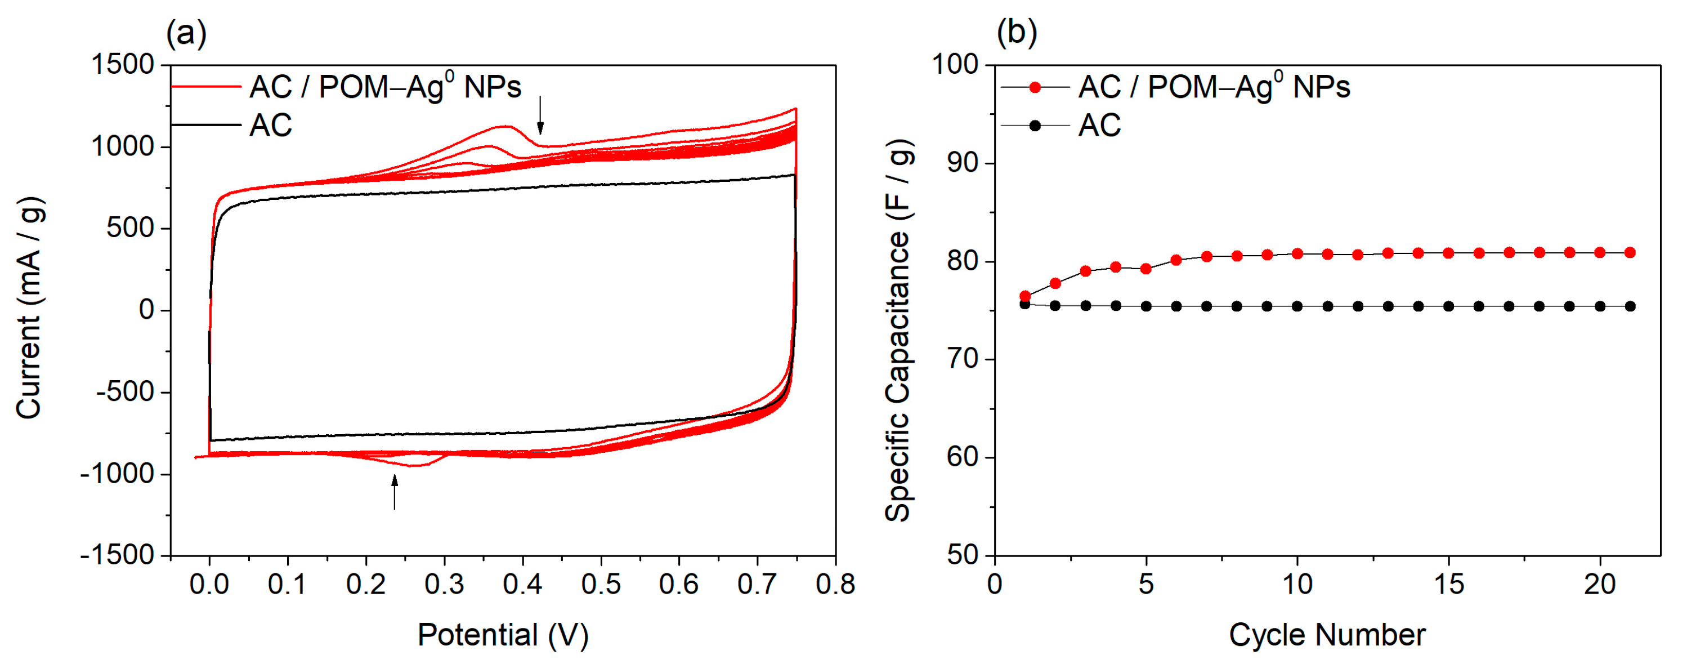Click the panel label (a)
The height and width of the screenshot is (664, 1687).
click(187, 33)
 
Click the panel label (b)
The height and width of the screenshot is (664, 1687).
click(1017, 33)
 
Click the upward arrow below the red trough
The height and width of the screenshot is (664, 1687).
click(394, 492)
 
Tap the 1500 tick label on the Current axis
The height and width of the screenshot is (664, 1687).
click(123, 65)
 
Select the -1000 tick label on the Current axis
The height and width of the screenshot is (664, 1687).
click(117, 474)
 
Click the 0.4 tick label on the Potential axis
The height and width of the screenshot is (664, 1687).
click(522, 584)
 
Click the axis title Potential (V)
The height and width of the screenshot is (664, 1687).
click(503, 635)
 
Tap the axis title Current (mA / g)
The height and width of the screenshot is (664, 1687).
click(29, 308)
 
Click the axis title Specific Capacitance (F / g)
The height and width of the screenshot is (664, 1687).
click(898, 331)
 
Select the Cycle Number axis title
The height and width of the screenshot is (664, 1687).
click(1327, 635)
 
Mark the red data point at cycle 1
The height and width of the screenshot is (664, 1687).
click(1026, 296)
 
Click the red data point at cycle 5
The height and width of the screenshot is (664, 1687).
click(1146, 269)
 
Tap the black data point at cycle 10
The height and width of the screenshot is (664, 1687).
click(1297, 306)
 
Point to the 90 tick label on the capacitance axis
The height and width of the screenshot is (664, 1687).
click(963, 163)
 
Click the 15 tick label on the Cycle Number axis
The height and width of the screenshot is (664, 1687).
click(1449, 584)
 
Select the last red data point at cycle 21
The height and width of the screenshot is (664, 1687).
click(1630, 252)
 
